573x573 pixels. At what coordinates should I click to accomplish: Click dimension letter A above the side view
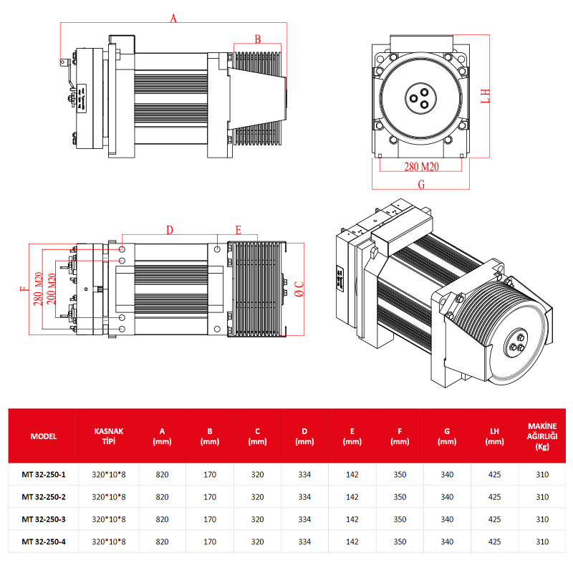[173, 19]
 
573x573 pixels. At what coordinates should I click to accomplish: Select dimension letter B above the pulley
[258, 39]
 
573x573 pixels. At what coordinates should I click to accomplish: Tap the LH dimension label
[485, 96]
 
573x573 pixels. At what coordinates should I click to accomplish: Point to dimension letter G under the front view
[421, 184]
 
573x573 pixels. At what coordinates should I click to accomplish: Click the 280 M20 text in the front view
[421, 167]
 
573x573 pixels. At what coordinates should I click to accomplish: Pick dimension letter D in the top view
[170, 230]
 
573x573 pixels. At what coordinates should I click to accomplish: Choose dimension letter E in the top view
[239, 230]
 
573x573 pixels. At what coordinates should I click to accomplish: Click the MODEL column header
[44, 436]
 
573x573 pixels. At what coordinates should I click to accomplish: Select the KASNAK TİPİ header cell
[109, 436]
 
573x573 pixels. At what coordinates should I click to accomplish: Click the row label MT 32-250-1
[44, 474]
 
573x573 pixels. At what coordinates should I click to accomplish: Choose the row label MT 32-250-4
[44, 541]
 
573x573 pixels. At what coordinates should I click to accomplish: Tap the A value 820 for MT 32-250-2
[162, 497]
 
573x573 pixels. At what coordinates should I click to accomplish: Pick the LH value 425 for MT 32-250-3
[494, 519]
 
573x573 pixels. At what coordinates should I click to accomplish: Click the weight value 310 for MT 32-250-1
[542, 474]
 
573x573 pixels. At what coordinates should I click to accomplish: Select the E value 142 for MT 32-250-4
[352, 541]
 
